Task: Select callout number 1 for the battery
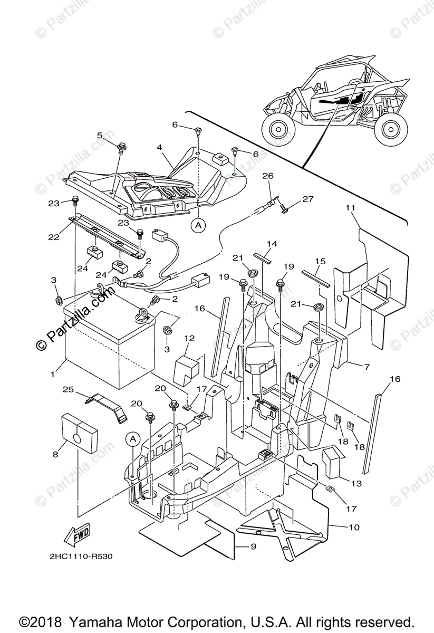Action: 53,374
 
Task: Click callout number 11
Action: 350,208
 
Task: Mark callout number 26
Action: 267,175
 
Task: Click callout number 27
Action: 307,199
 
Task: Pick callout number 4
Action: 159,148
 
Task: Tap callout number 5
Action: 100,135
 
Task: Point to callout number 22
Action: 53,223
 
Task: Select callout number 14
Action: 272,244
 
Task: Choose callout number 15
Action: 320,262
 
